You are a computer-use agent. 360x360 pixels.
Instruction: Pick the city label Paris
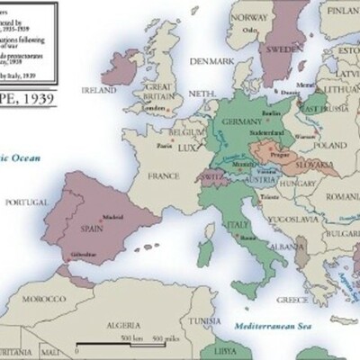(165, 146)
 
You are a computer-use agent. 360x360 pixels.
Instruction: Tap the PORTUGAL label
(26, 204)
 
